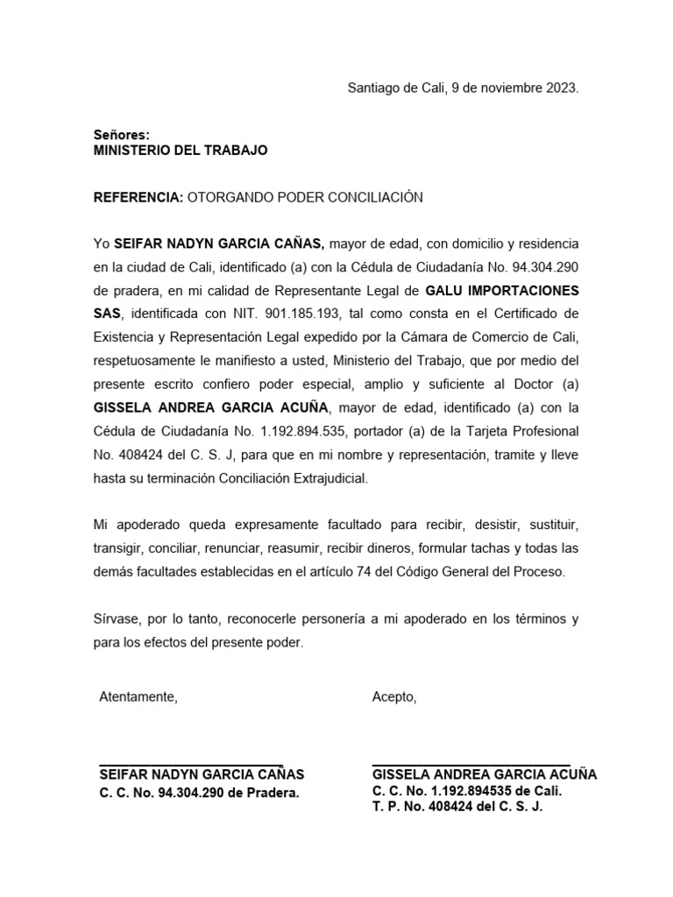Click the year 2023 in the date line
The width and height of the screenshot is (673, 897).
pyautogui.click(x=560, y=88)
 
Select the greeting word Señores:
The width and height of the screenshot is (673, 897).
pyautogui.click(x=122, y=135)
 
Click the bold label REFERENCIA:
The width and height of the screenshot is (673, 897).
pyautogui.click(x=138, y=198)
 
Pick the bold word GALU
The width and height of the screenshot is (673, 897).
pyautogui.click(x=445, y=290)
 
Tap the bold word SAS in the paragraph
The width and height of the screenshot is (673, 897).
pyautogui.click(x=106, y=314)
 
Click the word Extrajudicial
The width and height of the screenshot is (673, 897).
pyautogui.click(x=323, y=479)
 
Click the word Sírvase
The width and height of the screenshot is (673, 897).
pyautogui.click(x=117, y=619)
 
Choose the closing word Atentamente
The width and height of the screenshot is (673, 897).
pyautogui.click(x=138, y=697)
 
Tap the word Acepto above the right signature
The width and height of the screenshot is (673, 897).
pyautogui.click(x=393, y=697)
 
